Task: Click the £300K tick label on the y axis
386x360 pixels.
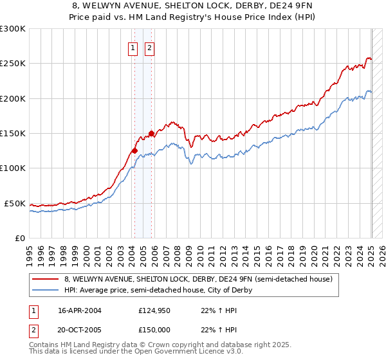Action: tap(13, 29)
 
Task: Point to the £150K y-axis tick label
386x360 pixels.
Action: tap(13, 134)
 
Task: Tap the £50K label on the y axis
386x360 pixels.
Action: tap(15, 203)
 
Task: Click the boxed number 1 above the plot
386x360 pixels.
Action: tap(133, 47)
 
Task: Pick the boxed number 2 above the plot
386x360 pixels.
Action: tap(149, 47)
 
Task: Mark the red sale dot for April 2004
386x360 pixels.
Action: tap(135, 151)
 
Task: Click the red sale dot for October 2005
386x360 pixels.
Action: tap(152, 134)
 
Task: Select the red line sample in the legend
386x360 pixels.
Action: tap(46, 279)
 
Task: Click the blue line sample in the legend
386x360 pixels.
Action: tap(46, 290)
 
